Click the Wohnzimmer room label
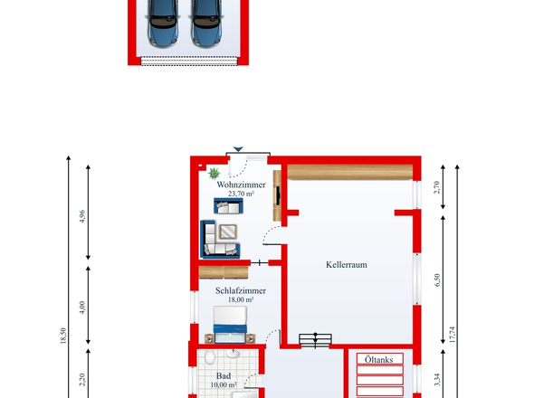click(x=241, y=185)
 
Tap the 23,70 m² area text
click(x=241, y=194)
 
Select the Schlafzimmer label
click(x=241, y=290)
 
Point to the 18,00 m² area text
click(x=241, y=299)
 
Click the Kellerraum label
click(x=347, y=265)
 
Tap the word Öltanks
click(x=378, y=359)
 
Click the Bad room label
click(x=224, y=376)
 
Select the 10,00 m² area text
click(x=224, y=385)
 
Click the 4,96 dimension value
click(x=81, y=216)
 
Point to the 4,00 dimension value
click(x=81, y=308)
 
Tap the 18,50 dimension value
click(x=63, y=336)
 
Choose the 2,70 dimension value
click(x=437, y=187)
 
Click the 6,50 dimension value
click(x=437, y=280)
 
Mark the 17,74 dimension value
click(x=452, y=335)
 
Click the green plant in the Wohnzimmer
click(x=214, y=174)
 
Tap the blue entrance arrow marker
click(x=238, y=149)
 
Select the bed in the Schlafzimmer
click(x=230, y=325)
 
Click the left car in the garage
click(x=163, y=23)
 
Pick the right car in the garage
click(x=206, y=23)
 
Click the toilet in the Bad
click(x=210, y=357)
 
